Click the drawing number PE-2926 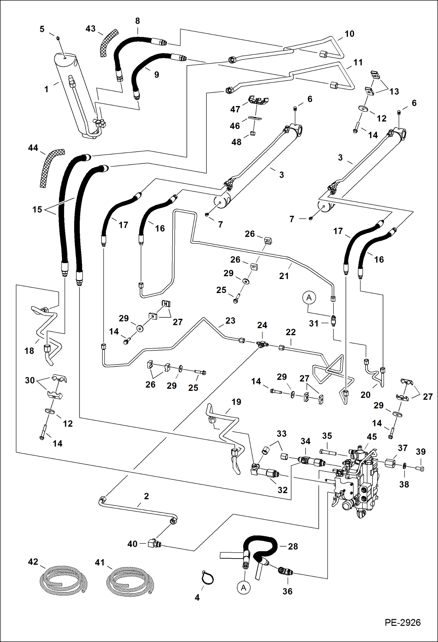(402, 622)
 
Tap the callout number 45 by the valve (372, 437)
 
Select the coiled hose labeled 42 (63, 579)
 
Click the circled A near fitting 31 (309, 298)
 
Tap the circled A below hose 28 (244, 588)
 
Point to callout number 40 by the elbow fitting (132, 544)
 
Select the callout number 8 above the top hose (137, 21)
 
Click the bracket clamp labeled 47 (258, 100)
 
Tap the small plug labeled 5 (58, 38)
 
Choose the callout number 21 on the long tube (284, 276)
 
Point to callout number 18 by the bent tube (29, 351)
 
